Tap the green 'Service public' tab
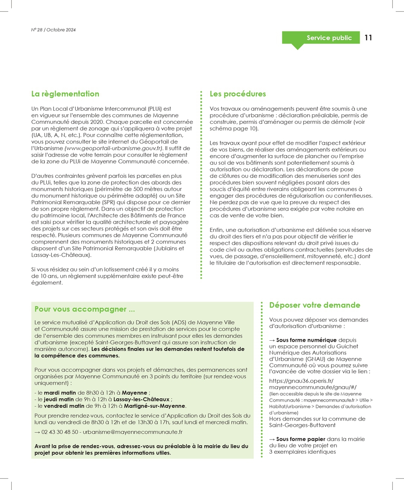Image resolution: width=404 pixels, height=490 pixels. [x=329, y=38]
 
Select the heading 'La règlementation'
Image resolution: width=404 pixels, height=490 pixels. [x=65, y=94]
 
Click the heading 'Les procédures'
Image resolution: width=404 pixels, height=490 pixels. [x=238, y=94]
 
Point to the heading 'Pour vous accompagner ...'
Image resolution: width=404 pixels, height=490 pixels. [x=85, y=309]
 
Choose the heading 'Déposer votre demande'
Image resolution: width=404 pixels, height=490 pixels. [x=315, y=305]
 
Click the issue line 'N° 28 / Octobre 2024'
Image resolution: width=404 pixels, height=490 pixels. [x=54, y=30]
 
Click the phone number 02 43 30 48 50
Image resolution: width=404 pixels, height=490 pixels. [x=61, y=432]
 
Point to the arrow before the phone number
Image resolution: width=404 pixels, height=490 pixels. [x=38, y=432]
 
